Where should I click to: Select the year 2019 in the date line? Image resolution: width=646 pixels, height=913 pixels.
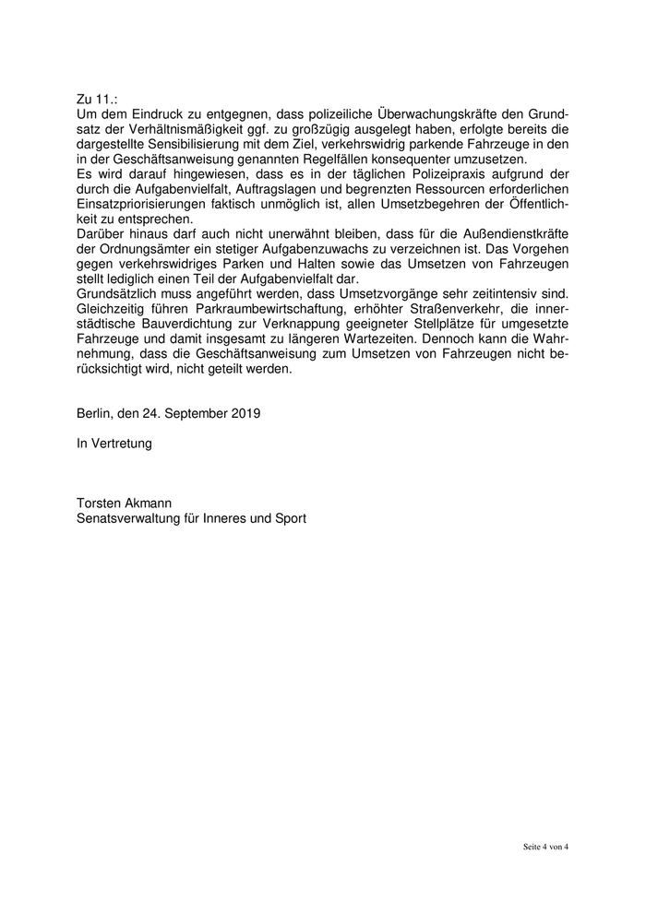[245, 413]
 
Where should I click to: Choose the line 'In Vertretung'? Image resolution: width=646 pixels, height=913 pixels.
[114, 444]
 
